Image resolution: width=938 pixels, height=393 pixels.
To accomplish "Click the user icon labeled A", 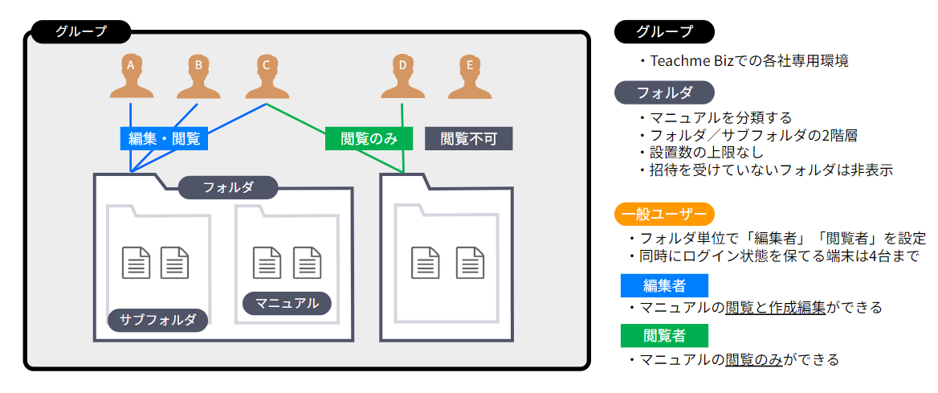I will point(130,77).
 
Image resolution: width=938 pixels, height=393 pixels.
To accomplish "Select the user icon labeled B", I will point(198,77).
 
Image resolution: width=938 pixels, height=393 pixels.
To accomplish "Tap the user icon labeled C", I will point(265,77).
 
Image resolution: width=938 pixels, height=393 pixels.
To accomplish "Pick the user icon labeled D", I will point(402,77).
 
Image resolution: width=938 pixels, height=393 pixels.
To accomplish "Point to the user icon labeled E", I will point(470,77).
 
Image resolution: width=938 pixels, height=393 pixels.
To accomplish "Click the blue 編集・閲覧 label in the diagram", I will point(165,138).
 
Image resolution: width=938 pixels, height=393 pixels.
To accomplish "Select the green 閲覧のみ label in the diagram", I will point(369,138).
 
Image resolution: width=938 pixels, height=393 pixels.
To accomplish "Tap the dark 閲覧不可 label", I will point(468,138).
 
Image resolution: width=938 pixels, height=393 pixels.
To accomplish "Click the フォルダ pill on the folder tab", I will point(228,188).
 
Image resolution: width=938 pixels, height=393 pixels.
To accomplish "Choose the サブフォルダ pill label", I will point(158,320).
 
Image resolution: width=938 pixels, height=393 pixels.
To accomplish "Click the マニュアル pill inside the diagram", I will point(287,303).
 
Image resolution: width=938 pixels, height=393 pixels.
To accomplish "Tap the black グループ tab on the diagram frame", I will point(81,32).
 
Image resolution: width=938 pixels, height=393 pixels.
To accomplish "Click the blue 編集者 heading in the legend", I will point(664,285).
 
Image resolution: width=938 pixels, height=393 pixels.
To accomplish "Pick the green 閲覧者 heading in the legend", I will point(664,335).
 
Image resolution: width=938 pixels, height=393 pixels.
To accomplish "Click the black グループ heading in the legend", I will point(664,32).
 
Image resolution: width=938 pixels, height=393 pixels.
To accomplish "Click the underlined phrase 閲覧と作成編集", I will point(775,308).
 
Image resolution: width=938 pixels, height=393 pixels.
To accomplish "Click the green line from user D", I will point(402,137).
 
